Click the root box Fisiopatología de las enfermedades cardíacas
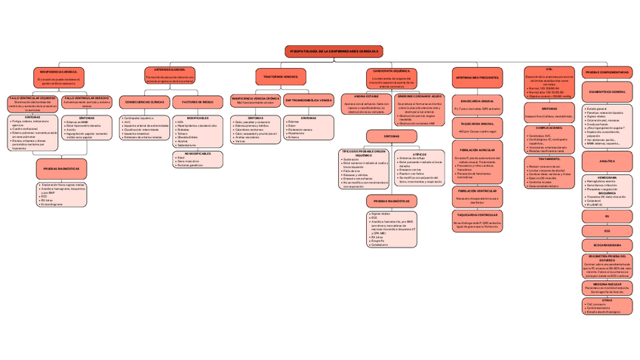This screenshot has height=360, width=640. click(x=334, y=50)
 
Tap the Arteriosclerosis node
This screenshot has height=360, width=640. click(x=170, y=74)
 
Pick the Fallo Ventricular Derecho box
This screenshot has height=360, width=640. click(x=87, y=103)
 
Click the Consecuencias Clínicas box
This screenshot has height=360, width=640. click(x=143, y=101)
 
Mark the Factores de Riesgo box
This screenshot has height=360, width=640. click(x=198, y=101)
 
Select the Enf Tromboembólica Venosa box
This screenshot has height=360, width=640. click(x=309, y=100)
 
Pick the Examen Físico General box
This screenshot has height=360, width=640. click(x=608, y=91)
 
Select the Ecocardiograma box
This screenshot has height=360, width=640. click(x=608, y=245)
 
